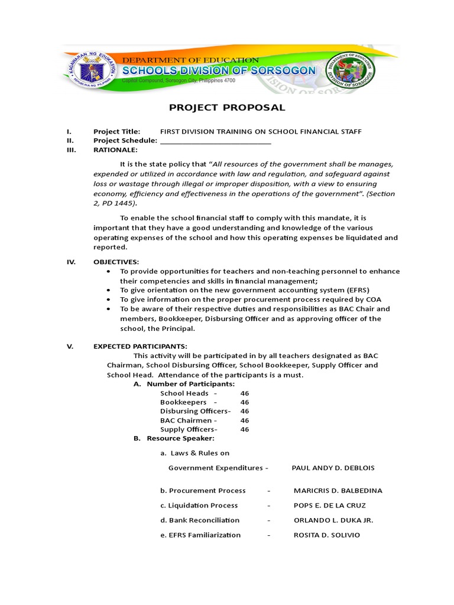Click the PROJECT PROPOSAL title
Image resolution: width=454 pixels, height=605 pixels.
click(x=227, y=108)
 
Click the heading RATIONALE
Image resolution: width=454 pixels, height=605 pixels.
click(x=115, y=150)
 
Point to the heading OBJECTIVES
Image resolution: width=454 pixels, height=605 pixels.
click(x=116, y=262)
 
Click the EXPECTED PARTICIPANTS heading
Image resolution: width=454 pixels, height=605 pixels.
click(x=140, y=346)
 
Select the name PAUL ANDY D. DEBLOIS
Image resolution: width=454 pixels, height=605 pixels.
click(x=333, y=468)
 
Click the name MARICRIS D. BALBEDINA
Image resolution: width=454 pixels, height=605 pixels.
click(x=338, y=490)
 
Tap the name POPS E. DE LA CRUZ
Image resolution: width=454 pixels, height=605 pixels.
click(x=329, y=506)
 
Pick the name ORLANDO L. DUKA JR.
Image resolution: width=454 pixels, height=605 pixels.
click(x=333, y=521)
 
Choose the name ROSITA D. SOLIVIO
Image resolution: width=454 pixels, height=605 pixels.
click(x=326, y=535)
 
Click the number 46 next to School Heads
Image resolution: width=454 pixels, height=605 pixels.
click(x=245, y=393)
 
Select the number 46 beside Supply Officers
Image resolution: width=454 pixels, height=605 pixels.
click(x=245, y=430)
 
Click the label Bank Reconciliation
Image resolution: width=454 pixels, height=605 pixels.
click(x=200, y=521)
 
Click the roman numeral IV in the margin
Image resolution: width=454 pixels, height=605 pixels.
click(x=71, y=262)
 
